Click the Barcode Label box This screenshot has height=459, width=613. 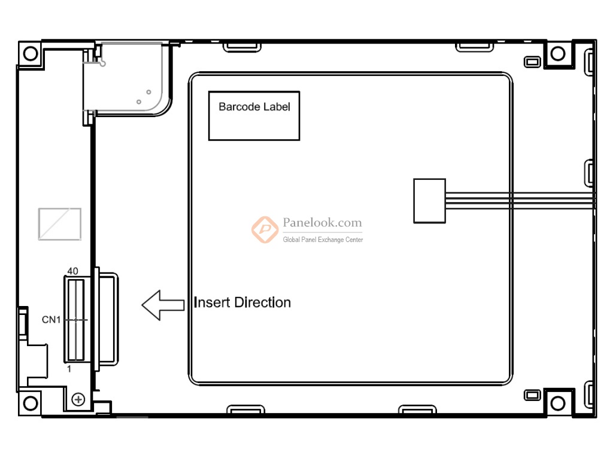pos(254,115)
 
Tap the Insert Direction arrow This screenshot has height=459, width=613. pos(163,305)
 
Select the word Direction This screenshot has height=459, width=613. pos(263,302)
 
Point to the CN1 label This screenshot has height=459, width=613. pos(51,320)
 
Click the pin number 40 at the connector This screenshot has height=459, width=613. pos(72,271)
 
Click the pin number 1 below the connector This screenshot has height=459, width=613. pos(69,369)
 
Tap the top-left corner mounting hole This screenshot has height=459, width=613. pos(31,53)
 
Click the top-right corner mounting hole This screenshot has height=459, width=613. pos(558,53)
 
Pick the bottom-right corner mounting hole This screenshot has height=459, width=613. pos(558,403)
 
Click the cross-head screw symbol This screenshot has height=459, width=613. pos(78,399)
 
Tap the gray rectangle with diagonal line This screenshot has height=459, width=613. pos(60,224)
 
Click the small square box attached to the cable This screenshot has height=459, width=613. pos(430,201)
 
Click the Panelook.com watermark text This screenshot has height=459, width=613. pos(323,222)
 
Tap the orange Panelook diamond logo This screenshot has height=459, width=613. pos(265,229)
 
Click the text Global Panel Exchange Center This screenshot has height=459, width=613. pos(323,240)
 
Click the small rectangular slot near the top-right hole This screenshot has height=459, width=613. pos(532,62)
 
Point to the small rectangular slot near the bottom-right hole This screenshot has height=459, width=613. pos(532,395)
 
